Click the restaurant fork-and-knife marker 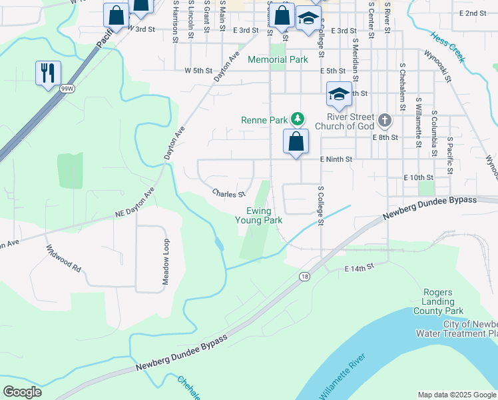48,73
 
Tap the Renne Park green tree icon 298,120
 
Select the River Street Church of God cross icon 383,121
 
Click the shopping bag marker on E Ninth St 296,141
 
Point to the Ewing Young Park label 264,215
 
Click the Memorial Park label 278,59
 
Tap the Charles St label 228,194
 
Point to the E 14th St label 360,268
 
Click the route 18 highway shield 304,276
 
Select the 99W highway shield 67,88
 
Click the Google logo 22,392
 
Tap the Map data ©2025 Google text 457,395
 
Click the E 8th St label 385,137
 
